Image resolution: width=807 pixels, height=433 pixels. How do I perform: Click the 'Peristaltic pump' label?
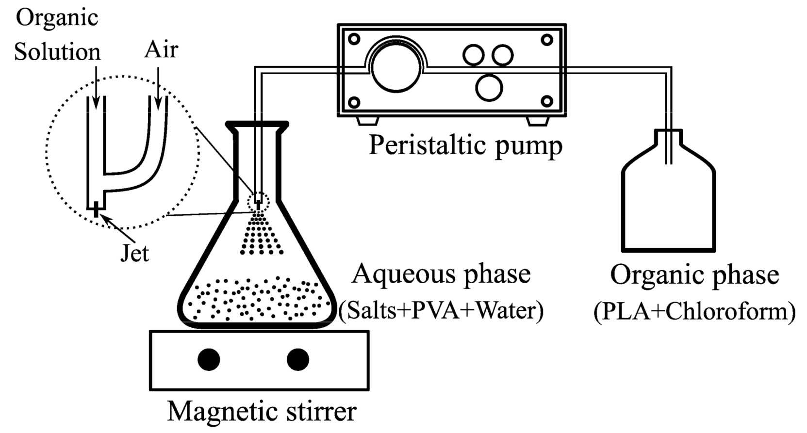point(465,145)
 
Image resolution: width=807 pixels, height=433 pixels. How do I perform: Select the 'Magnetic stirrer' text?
point(262,412)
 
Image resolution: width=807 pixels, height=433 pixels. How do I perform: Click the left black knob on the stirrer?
point(209,360)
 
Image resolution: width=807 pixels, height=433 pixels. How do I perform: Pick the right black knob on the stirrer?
point(298,360)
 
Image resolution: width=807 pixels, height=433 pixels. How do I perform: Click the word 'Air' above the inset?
point(161,49)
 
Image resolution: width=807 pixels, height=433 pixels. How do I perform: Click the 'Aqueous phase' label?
point(441,274)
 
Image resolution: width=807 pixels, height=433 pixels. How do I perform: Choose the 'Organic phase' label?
point(694,275)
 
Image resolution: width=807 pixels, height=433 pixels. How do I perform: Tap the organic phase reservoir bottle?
point(669,204)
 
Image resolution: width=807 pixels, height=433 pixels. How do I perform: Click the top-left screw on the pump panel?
point(354,39)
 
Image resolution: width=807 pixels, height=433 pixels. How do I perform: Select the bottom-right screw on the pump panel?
point(547,101)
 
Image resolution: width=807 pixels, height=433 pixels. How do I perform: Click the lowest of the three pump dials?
point(489,88)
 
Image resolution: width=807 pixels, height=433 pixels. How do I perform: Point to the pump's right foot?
point(538,120)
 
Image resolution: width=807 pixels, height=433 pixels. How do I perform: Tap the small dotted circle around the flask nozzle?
point(258,201)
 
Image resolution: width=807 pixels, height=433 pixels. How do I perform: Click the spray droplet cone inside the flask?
point(261,235)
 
